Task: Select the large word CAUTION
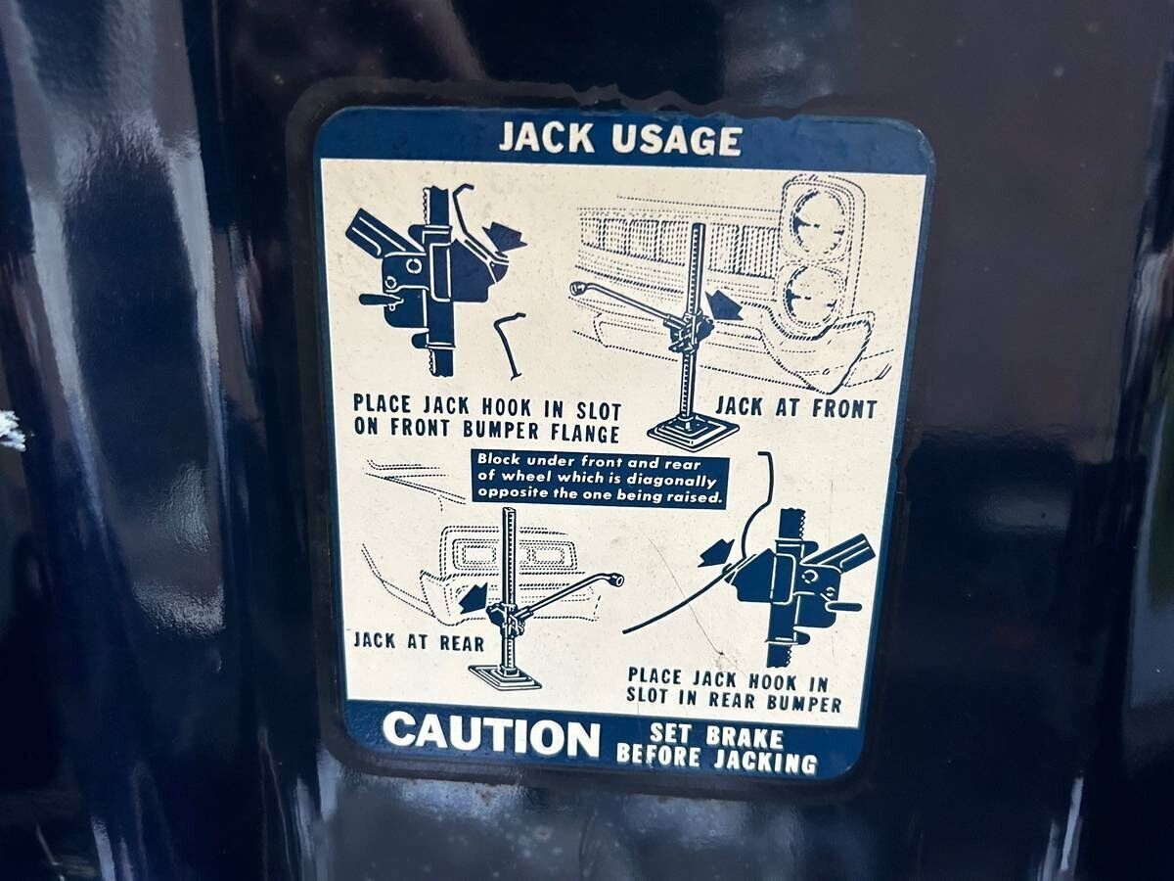pyautogui.click(x=491, y=736)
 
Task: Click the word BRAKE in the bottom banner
pyautogui.click(x=745, y=738)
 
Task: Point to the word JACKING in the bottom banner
pyautogui.click(x=765, y=762)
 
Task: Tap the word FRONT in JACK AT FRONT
pyautogui.click(x=844, y=409)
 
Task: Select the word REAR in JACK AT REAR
pyautogui.click(x=462, y=643)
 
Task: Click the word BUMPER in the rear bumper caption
pyautogui.click(x=804, y=703)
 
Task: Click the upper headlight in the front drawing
pyautogui.click(x=817, y=220)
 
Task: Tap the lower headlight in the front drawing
pyautogui.click(x=810, y=296)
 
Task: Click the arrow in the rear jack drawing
pyautogui.click(x=474, y=597)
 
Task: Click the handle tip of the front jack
pyautogui.click(x=577, y=289)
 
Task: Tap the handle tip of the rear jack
pyautogui.click(x=616, y=580)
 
